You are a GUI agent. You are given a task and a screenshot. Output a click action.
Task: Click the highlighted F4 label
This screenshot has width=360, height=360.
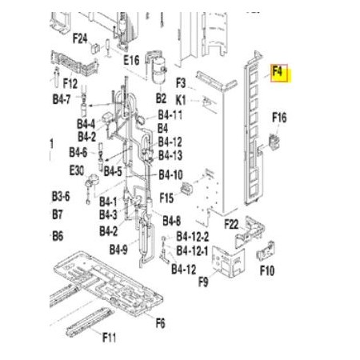point(278,71)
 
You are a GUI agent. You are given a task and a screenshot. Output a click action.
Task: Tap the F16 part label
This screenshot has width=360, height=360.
point(279,118)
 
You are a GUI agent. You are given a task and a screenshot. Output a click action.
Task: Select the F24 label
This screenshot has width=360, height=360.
point(80,38)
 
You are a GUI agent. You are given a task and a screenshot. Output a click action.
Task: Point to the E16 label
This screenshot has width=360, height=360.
point(131,60)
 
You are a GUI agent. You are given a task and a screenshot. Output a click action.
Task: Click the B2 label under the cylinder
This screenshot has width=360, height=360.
point(161,98)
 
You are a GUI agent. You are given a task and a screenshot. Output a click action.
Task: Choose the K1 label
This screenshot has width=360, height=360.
point(181,100)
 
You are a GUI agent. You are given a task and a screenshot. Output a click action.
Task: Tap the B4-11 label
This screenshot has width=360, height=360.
point(170,115)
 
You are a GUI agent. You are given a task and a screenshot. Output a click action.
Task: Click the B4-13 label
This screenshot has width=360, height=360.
point(170,155)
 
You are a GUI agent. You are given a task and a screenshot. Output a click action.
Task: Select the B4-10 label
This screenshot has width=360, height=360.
point(170,175)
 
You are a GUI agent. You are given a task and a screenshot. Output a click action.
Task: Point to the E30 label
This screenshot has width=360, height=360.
point(77,170)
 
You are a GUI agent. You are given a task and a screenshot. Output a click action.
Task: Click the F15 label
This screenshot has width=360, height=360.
point(166,198)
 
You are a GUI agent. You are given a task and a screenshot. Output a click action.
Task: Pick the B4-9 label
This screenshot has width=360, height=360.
point(118,250)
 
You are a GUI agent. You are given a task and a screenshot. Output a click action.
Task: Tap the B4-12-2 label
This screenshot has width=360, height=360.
point(193,237)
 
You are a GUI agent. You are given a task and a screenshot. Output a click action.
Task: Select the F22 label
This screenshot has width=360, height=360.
point(231,224)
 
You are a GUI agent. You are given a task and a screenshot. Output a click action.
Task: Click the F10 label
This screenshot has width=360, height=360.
point(267,270)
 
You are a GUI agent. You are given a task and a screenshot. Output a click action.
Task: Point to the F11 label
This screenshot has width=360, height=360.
point(110,338)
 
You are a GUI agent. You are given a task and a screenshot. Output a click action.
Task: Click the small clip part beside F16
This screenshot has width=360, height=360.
point(274,142)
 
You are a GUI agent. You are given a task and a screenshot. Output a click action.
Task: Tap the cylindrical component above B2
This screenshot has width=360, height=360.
point(159,70)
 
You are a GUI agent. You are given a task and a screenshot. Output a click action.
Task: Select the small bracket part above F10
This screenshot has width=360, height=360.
point(266,251)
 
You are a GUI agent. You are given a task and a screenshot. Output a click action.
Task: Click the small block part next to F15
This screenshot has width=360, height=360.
point(186,188)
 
